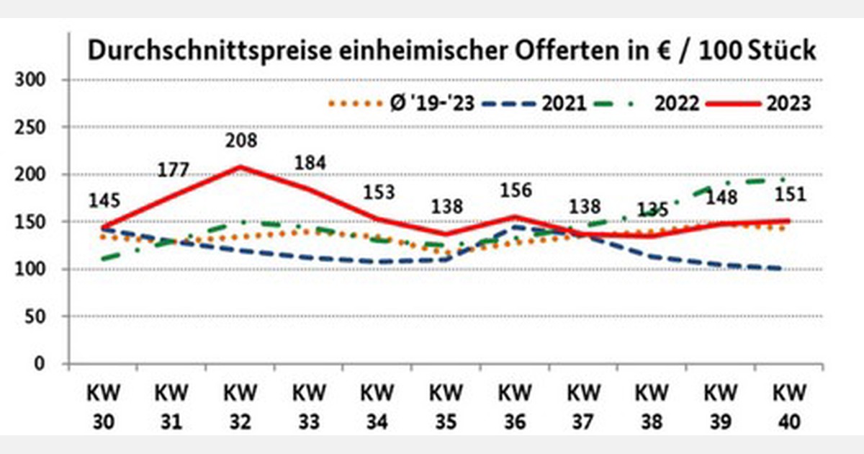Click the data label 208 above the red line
click(240, 141)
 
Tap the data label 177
click(173, 170)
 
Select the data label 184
click(310, 163)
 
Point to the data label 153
click(378, 192)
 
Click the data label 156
click(516, 191)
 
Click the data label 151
click(789, 195)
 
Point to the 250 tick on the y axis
click(32, 127)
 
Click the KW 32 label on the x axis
click(240, 408)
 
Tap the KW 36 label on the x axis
click(516, 408)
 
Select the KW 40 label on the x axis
click(789, 408)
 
